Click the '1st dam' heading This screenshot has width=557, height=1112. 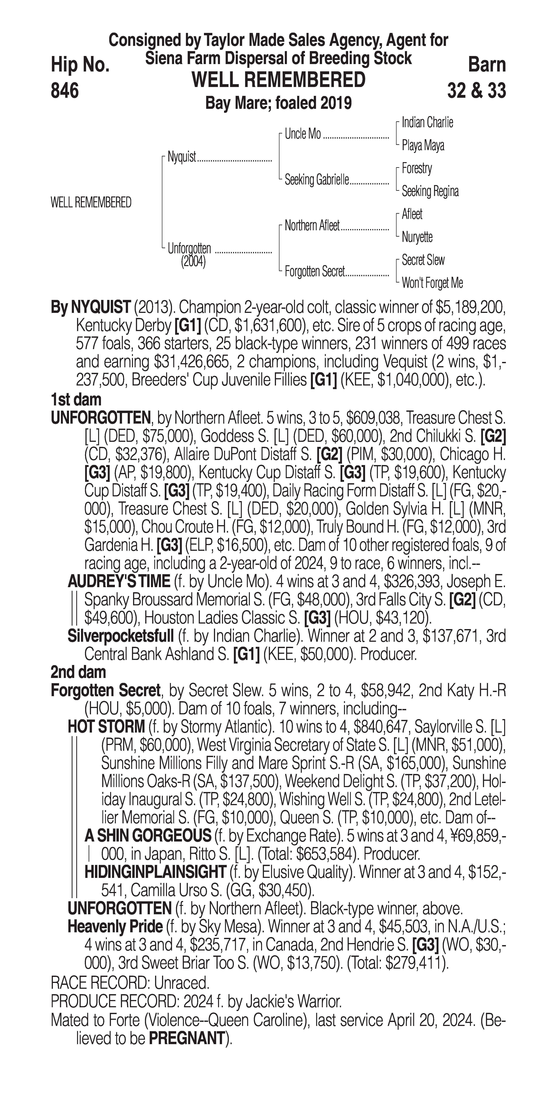pos(76,400)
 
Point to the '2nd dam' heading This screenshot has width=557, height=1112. pos(78,672)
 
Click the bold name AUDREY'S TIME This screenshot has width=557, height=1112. pos(119,581)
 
